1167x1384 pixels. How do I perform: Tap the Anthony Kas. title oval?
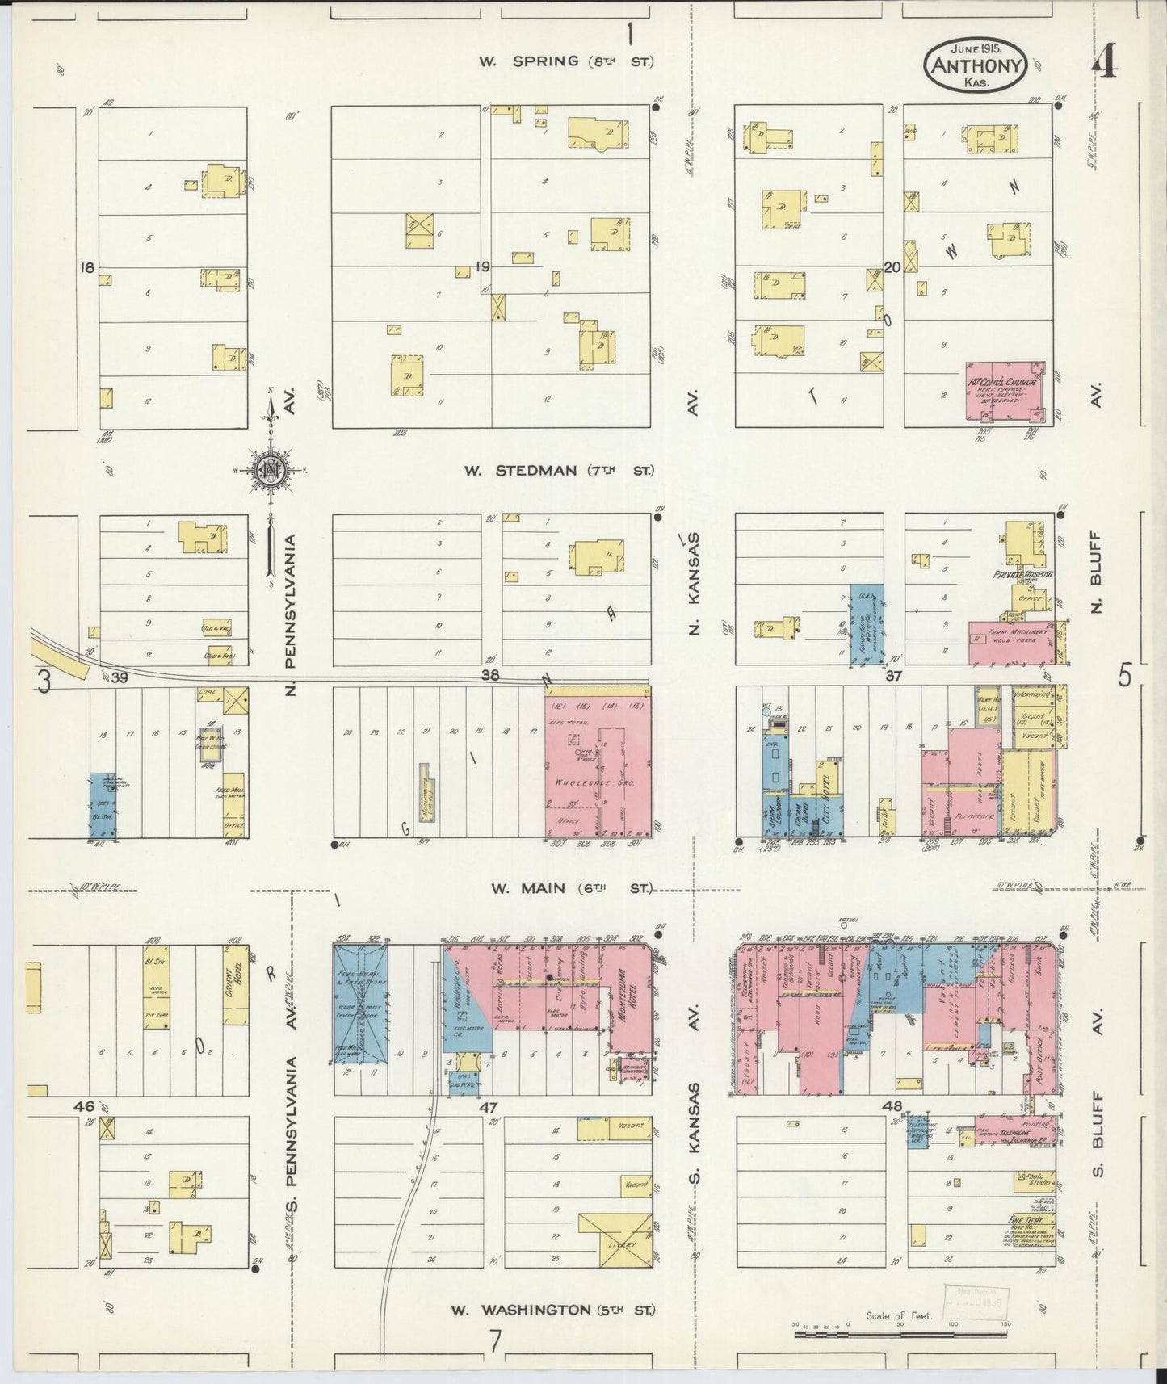pyautogui.click(x=977, y=67)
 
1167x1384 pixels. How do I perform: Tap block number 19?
pyautogui.click(x=483, y=266)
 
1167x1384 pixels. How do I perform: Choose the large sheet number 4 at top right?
pyautogui.click(x=1105, y=64)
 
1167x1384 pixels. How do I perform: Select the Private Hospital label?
pyautogui.click(x=1023, y=574)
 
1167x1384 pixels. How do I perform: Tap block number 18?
pyautogui.click(x=87, y=266)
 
